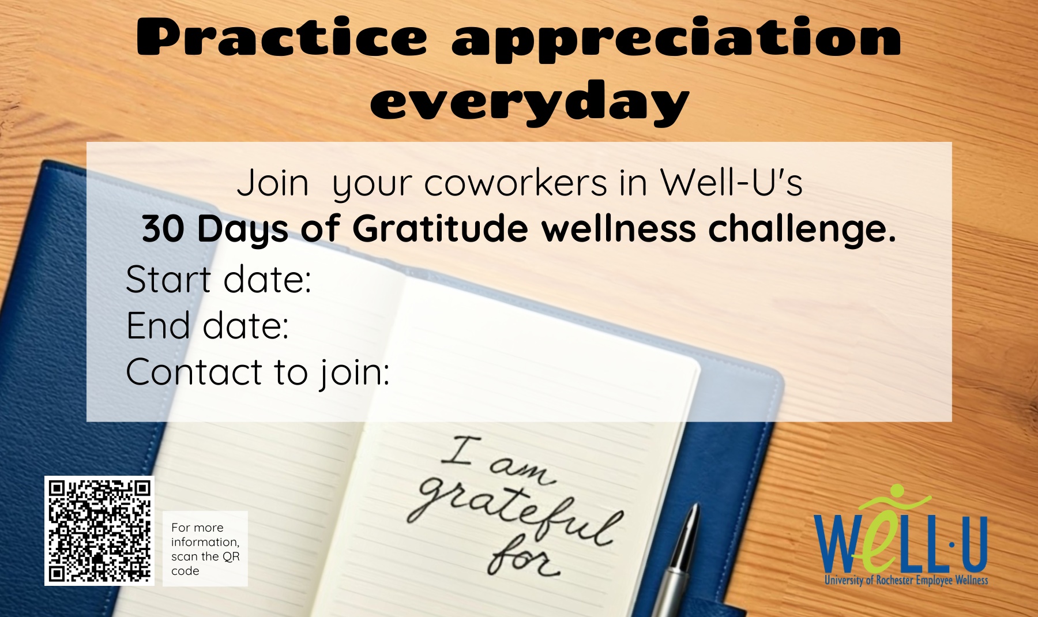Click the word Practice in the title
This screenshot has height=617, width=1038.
click(x=282, y=37)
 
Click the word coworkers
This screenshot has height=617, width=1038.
click(x=516, y=183)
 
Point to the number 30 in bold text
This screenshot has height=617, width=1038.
click(x=163, y=229)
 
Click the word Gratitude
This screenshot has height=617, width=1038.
click(x=440, y=228)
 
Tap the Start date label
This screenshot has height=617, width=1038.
click(x=219, y=279)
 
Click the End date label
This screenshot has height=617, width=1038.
click(x=208, y=325)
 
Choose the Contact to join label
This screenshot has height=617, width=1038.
click(x=258, y=372)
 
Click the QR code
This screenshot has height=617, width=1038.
click(x=99, y=531)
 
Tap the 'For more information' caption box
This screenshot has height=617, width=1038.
click(x=205, y=548)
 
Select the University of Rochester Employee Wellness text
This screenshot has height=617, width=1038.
click(x=906, y=580)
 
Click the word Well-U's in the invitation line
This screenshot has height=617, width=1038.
click(x=731, y=183)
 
